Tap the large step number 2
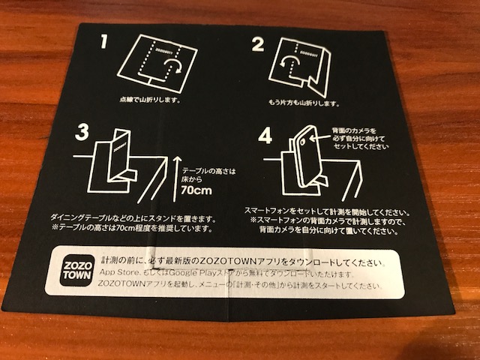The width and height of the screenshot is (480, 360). (x=257, y=45)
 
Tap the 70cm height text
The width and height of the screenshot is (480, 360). (x=196, y=189)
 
